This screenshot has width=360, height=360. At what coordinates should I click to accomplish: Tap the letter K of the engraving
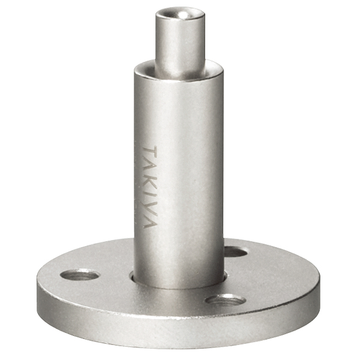[x=150, y=179]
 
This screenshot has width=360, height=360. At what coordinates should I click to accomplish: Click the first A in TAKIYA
[x=150, y=166]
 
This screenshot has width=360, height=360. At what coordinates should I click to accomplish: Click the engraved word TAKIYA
[x=151, y=187]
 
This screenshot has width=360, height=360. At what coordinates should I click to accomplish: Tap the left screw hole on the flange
[x=80, y=275]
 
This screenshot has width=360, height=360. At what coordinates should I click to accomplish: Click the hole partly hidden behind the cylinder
[x=235, y=252]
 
